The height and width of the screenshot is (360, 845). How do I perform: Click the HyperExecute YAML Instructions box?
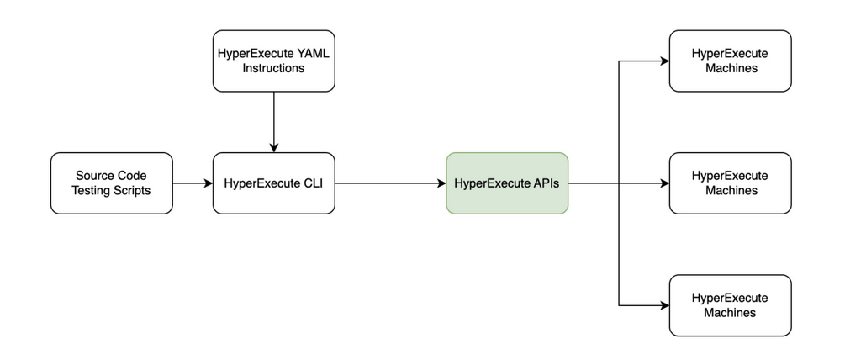tap(273, 61)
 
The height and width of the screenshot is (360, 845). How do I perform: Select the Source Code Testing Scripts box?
tap(111, 183)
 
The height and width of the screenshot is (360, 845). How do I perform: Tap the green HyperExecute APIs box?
tap(507, 183)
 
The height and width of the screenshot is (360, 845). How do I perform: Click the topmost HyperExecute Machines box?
tap(730, 61)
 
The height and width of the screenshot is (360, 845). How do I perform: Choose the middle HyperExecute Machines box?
tap(730, 183)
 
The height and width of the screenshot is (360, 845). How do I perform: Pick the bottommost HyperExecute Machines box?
tap(730, 304)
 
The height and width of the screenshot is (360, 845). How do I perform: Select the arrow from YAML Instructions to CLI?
tap(273, 121)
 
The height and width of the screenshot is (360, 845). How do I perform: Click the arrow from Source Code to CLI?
tap(192, 183)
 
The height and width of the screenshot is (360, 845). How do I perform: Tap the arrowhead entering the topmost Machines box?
tap(663, 61)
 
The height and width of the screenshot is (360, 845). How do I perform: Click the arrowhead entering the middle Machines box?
tap(663, 183)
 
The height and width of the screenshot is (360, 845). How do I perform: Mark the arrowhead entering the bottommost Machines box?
tap(663, 304)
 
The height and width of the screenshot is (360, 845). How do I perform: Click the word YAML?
tap(311, 53)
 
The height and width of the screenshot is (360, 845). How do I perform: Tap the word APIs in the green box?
tap(543, 183)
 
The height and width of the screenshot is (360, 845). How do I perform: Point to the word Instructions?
tap(273, 68)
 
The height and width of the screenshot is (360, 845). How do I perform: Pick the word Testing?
tap(91, 190)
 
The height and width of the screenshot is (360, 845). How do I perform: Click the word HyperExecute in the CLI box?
tap(263, 183)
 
